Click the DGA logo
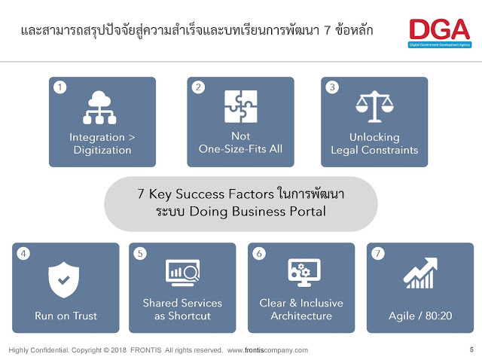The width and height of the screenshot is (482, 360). point(440,33)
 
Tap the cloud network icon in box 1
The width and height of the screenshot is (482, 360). point(99,107)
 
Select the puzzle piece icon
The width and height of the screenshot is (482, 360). point(241,106)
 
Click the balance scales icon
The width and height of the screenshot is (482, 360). point(374,106)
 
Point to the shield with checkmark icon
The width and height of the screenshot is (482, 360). point(63,279)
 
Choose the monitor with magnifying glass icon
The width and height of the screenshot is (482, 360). point(182,273)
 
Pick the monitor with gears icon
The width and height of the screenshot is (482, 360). point(304,273)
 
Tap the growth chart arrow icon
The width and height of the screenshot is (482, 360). point(420,273)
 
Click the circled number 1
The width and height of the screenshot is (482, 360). point(60,87)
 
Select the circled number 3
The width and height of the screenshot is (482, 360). point(332,87)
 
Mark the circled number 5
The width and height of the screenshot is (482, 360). point(140,254)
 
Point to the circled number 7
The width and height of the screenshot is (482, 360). point(378,254)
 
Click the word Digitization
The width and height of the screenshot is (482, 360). point(102,151)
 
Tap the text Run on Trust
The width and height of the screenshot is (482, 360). point(66,316)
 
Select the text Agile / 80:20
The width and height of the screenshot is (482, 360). point(420,316)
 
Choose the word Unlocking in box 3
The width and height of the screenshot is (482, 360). point(374,137)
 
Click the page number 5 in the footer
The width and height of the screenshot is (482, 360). point(471,349)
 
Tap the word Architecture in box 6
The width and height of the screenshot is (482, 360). point(301,316)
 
